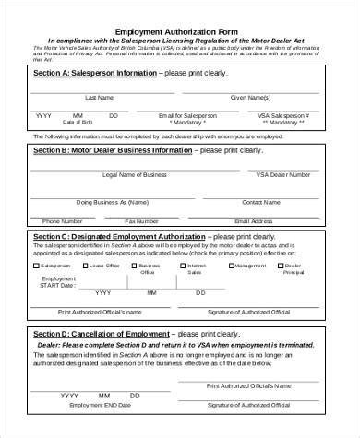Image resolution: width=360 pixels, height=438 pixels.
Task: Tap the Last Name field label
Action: (x=99, y=97)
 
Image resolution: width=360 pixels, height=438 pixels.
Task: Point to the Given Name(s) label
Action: (x=250, y=97)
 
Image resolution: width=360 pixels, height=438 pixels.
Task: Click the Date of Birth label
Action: (x=78, y=122)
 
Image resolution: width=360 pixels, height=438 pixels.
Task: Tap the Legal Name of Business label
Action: (x=135, y=174)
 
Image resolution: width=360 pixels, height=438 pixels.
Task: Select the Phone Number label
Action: (x=63, y=221)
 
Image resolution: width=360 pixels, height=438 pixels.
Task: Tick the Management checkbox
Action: (x=230, y=266)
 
